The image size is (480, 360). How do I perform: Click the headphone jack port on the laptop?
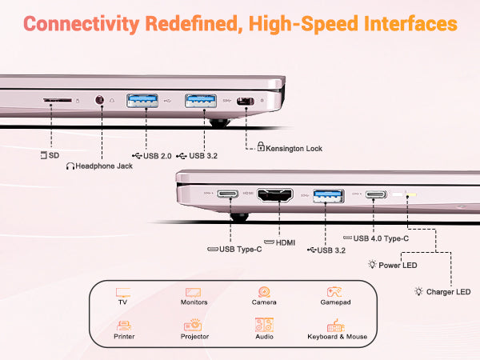(101, 101)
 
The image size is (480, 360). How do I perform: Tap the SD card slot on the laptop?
(57, 102)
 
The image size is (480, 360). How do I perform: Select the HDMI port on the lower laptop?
(277, 195)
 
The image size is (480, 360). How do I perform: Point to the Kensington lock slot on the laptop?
(246, 102)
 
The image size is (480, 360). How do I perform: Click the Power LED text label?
(398, 265)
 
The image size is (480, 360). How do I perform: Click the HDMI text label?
(285, 242)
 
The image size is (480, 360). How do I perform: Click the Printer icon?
(123, 326)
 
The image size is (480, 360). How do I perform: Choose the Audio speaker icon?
(264, 326)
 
